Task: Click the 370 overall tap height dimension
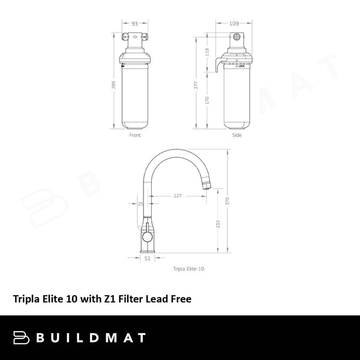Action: (227, 202)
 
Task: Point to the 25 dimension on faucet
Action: (140, 205)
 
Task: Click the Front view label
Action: (136, 136)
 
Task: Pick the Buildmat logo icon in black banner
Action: (22, 337)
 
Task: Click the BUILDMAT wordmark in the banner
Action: (92, 337)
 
